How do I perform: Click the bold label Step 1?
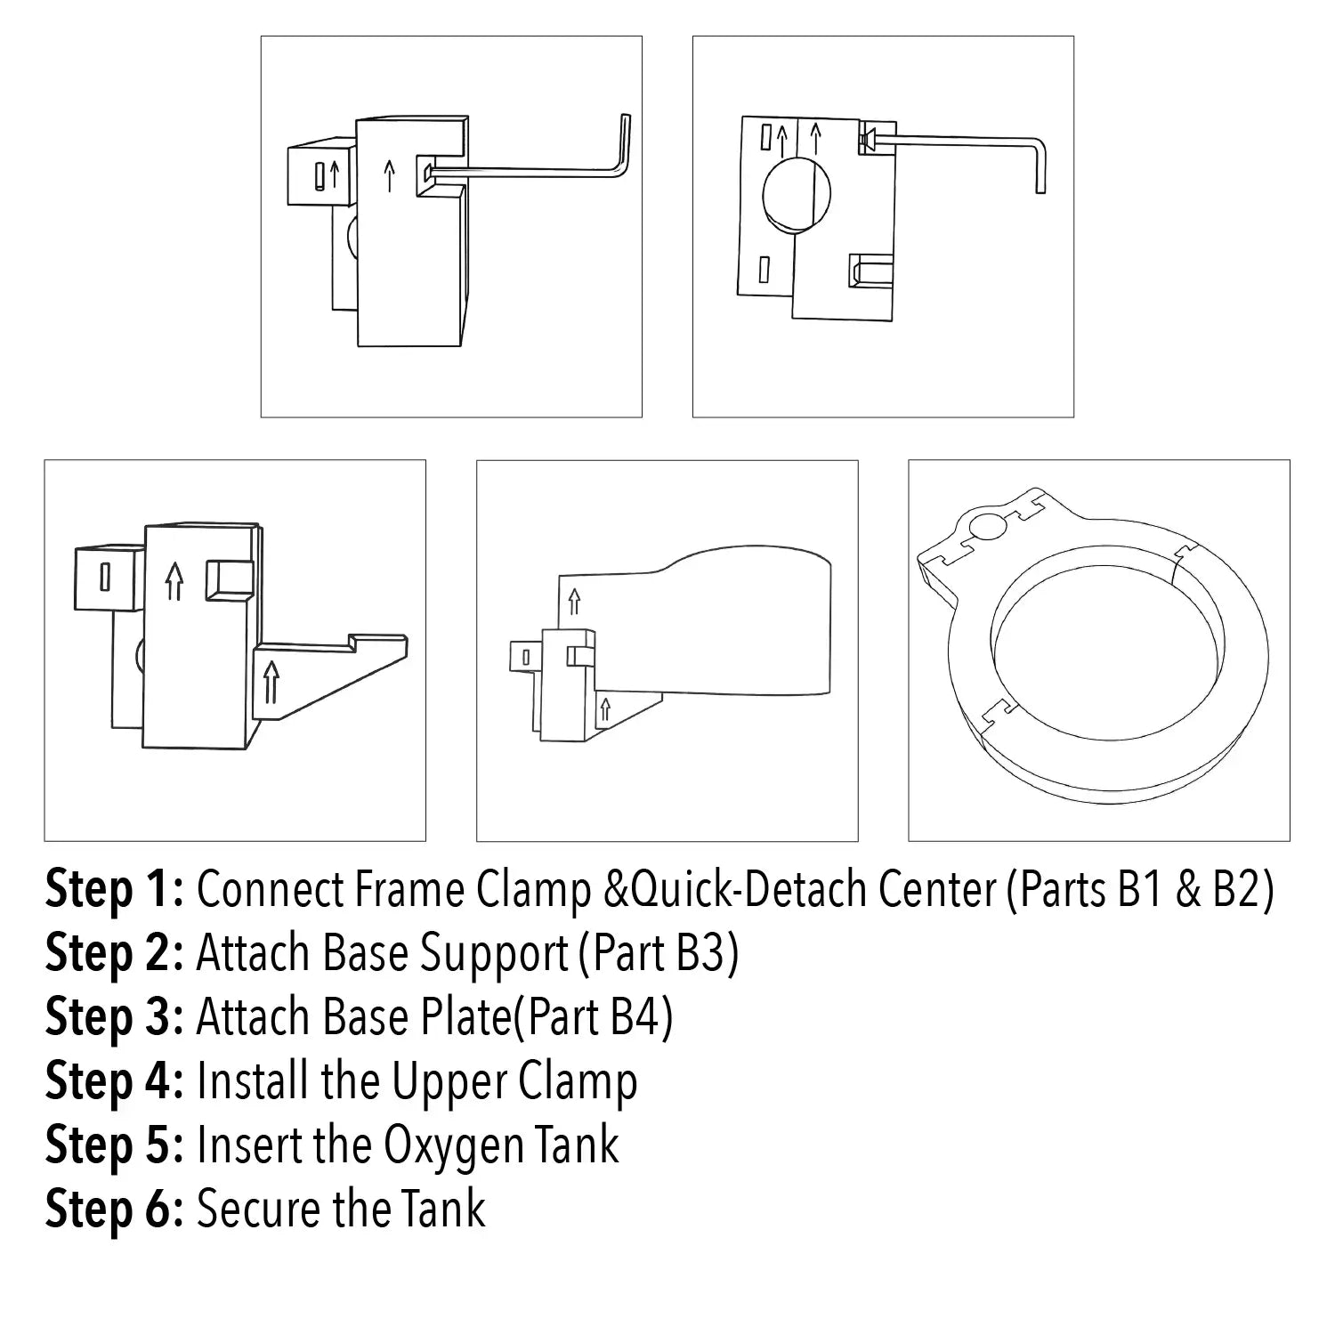coord(114,889)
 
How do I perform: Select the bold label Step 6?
coord(114,1209)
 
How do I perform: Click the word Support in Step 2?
coord(494,953)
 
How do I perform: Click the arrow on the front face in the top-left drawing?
coord(388,175)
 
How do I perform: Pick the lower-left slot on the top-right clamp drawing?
coord(763,269)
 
